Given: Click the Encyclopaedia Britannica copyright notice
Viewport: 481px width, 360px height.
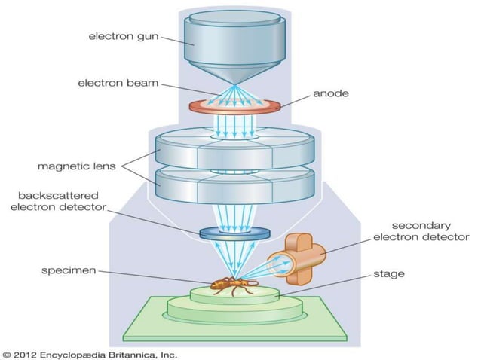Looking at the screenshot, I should [x=90, y=352].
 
